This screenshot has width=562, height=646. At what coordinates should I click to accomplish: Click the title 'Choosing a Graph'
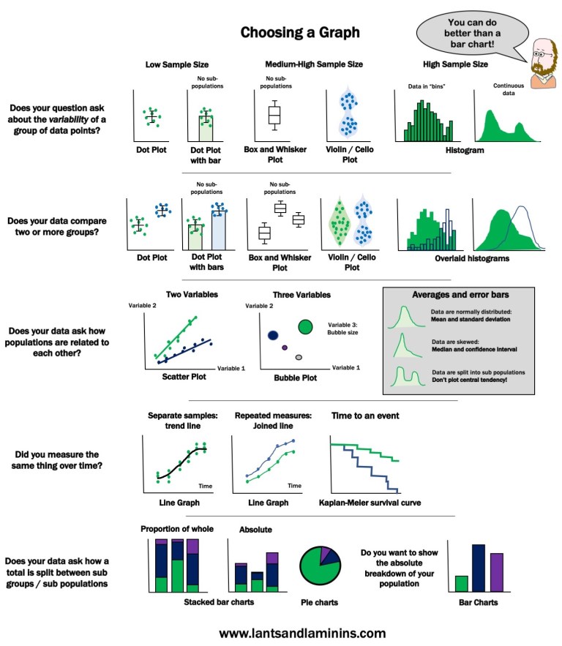coord(300,33)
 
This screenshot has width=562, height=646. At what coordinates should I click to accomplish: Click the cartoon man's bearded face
coord(542,61)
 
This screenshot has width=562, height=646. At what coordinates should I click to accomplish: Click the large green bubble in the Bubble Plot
coord(306,326)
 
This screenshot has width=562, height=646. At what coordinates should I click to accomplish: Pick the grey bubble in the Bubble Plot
coord(299,357)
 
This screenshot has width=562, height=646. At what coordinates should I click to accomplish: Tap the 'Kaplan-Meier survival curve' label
coord(371,503)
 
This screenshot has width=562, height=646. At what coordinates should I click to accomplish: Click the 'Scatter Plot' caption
coord(184,378)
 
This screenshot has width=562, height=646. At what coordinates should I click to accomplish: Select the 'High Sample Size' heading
coord(456,64)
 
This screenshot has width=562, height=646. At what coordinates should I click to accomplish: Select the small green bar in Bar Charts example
coord(461,583)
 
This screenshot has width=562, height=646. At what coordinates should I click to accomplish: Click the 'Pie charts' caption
coord(319,603)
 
